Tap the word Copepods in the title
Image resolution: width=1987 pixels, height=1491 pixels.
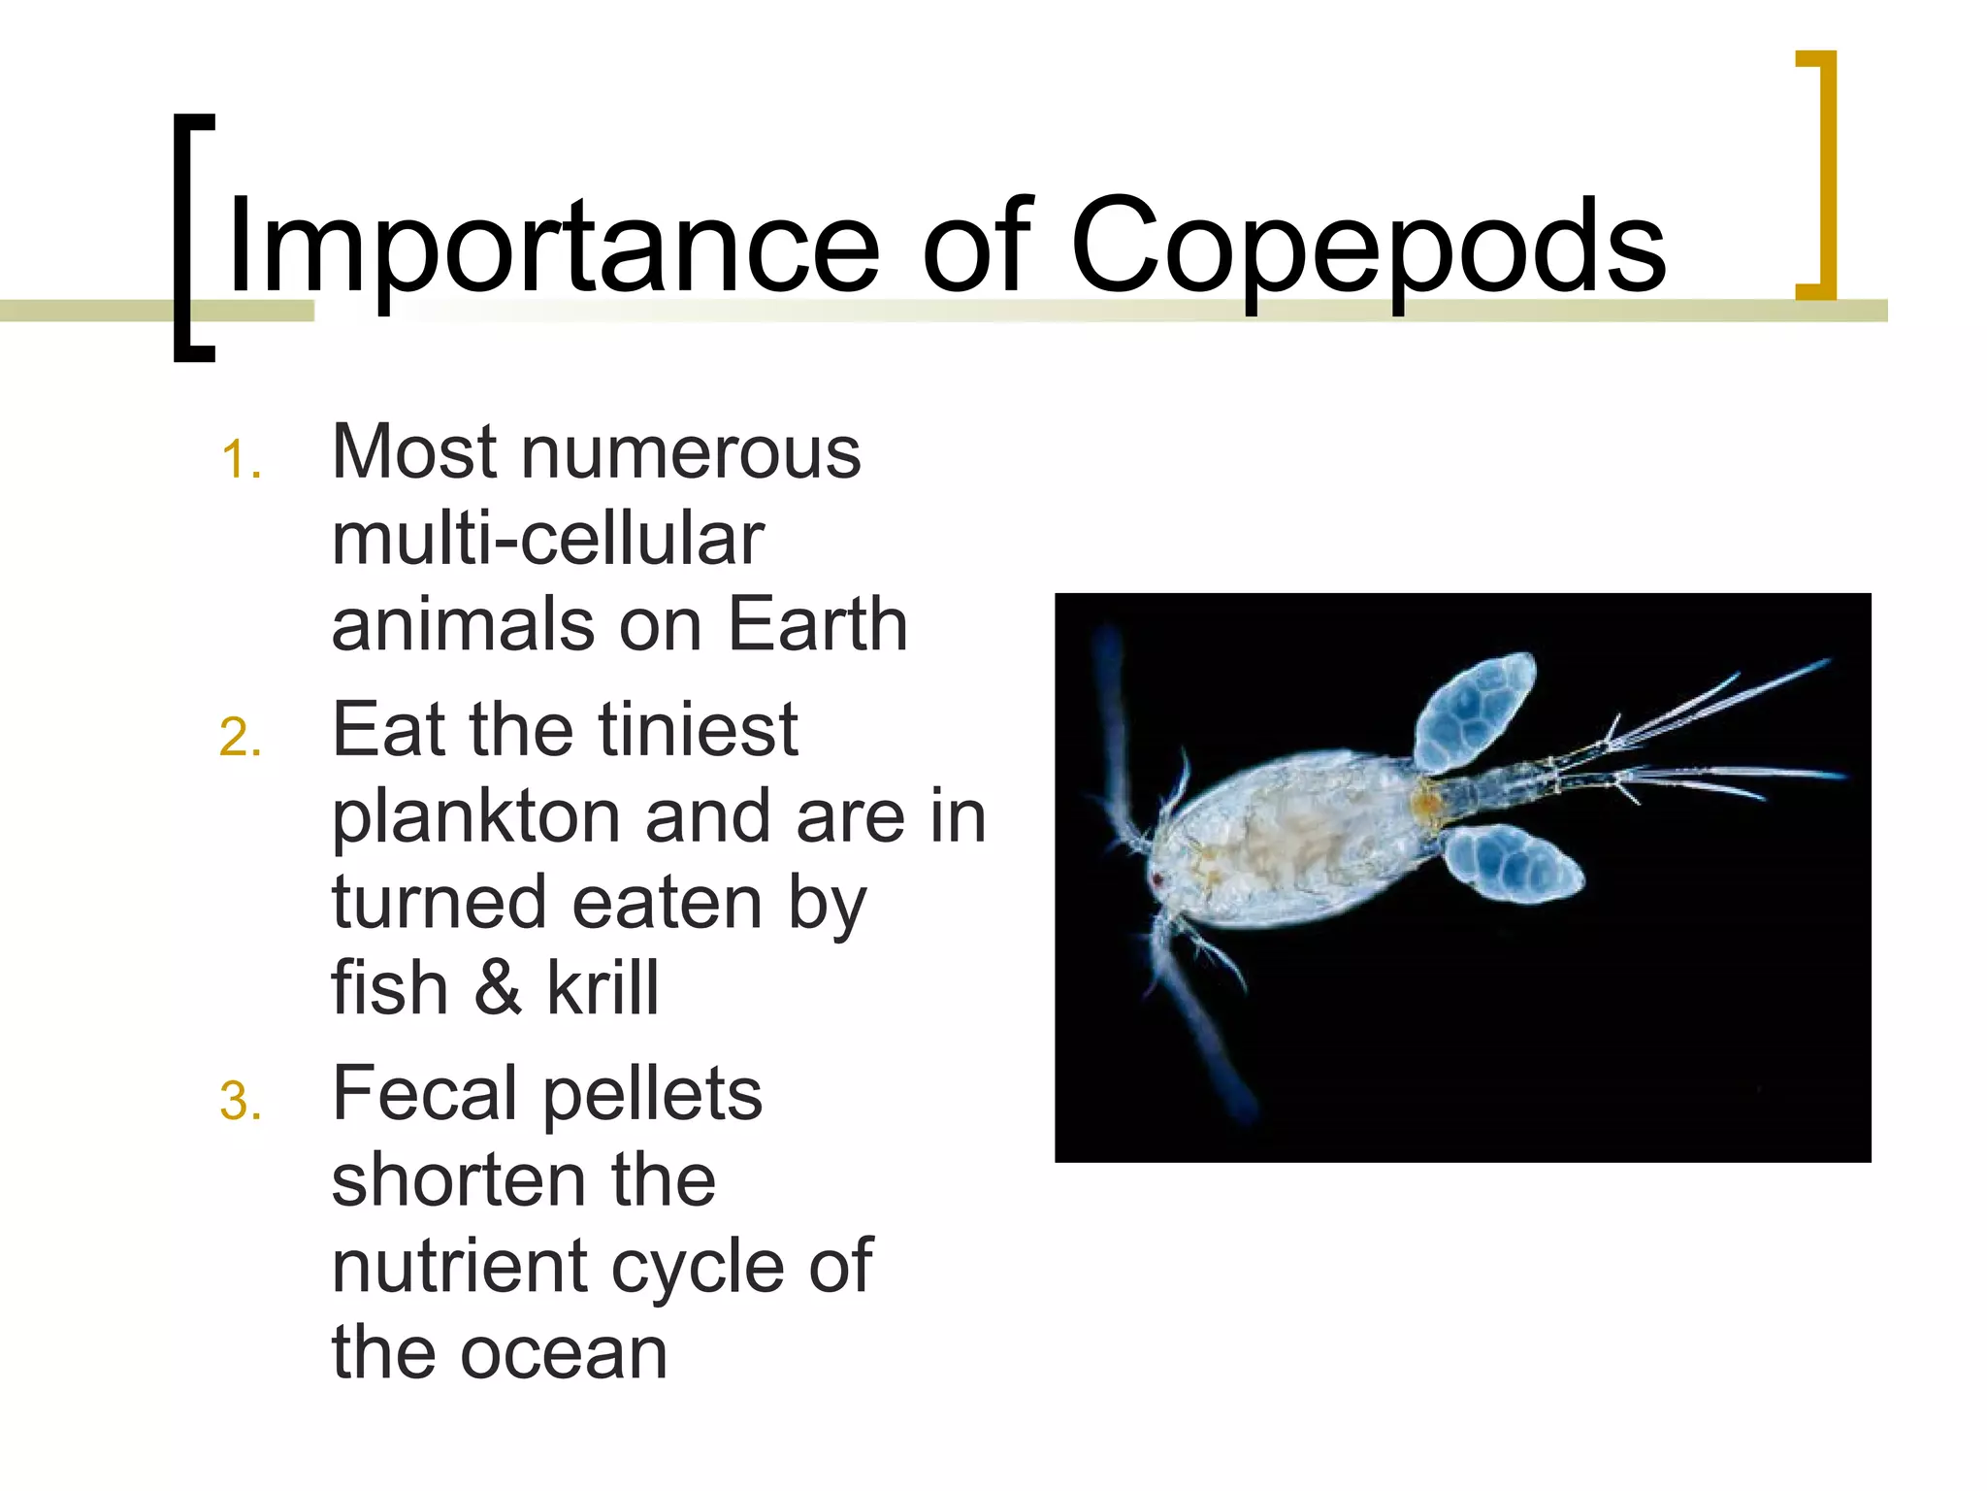pyautogui.click(x=1368, y=248)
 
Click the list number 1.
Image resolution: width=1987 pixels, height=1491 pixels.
pyautogui.click(x=240, y=460)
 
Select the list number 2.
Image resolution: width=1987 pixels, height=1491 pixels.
pyautogui.click(x=240, y=738)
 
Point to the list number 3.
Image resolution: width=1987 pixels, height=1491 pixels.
pyautogui.click(x=240, y=1102)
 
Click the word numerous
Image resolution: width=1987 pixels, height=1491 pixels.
pyautogui.click(x=691, y=452)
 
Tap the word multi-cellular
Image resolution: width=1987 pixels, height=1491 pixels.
pyautogui.click(x=548, y=539)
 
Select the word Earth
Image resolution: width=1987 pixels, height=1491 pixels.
pyautogui.click(x=817, y=624)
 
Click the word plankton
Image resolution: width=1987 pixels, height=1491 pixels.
pyautogui.click(x=475, y=817)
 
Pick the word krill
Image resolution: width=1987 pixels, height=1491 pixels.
pyautogui.click(x=603, y=988)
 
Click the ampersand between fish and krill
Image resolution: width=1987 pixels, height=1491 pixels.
pyautogui.click(x=498, y=988)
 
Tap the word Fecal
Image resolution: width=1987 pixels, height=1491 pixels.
pyautogui.click(x=424, y=1094)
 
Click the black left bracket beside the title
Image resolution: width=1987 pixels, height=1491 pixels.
pyautogui.click(x=192, y=238)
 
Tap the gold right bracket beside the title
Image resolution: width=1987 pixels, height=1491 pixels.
pyautogui.click(x=1818, y=175)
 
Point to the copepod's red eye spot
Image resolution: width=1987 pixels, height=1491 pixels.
pyautogui.click(x=1157, y=879)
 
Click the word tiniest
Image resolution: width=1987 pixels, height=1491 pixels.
pyautogui.click(x=698, y=730)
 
